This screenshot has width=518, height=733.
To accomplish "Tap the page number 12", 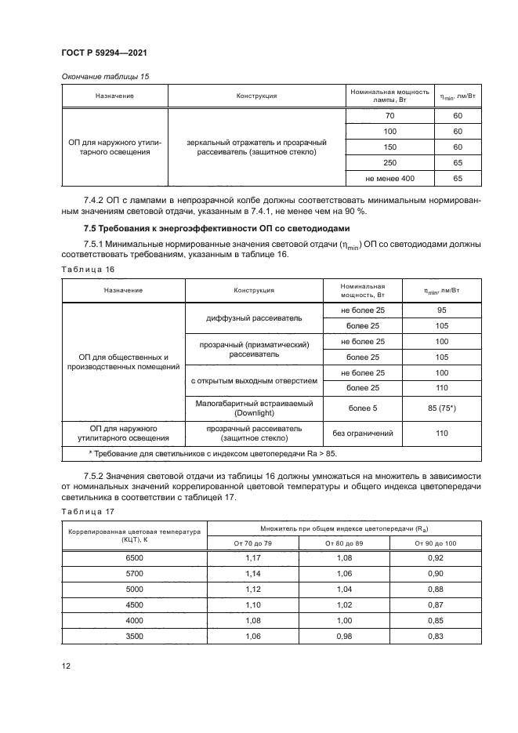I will (x=67, y=666).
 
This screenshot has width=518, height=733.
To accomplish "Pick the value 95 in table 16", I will (x=441, y=310).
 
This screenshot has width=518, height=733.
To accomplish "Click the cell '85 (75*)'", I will (x=441, y=408).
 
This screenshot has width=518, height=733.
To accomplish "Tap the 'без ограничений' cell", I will (x=363, y=434).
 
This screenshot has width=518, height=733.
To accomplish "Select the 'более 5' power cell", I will (x=363, y=408).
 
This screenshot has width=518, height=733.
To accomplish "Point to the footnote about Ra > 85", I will (x=212, y=453).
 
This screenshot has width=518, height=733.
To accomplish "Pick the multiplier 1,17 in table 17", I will (x=255, y=557).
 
